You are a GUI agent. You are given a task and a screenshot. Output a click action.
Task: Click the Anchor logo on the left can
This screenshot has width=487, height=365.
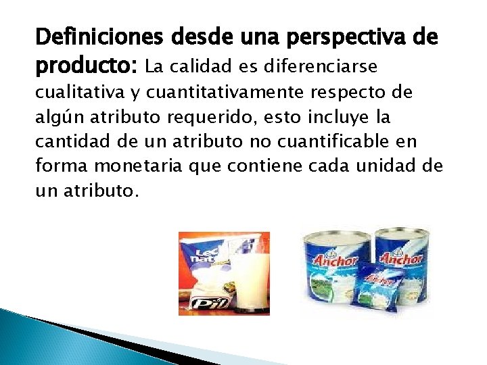(x=332, y=260)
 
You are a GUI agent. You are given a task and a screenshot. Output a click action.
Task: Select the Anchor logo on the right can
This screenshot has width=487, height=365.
(x=404, y=258)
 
